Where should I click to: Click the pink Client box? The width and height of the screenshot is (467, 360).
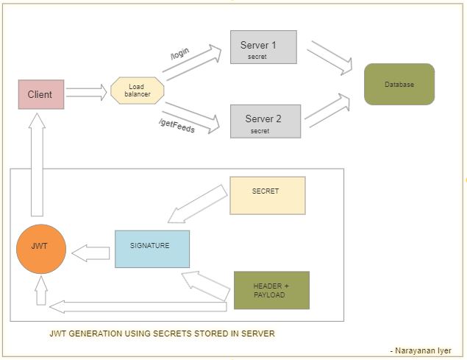(x=41, y=94)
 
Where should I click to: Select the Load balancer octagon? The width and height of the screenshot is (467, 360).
(x=137, y=91)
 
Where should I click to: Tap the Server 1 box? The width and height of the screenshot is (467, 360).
(x=263, y=47)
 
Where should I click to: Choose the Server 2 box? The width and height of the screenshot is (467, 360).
(x=265, y=121)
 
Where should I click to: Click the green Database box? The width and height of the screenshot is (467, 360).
(x=399, y=84)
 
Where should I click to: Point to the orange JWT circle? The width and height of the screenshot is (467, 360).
(x=41, y=249)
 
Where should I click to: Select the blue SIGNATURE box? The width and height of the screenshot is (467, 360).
(x=152, y=249)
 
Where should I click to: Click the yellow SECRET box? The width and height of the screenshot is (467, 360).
(x=268, y=195)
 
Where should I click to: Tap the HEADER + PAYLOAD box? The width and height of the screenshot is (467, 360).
(x=271, y=290)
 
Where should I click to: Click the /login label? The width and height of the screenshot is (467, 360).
(x=179, y=54)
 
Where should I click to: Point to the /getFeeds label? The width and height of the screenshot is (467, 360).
(x=177, y=126)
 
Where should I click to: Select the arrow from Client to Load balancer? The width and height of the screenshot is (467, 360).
(x=86, y=92)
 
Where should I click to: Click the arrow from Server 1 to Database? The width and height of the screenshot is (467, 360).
(x=330, y=57)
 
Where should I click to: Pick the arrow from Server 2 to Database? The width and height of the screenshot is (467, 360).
(x=327, y=111)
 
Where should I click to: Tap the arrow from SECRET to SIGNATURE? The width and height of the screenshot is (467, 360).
(x=197, y=205)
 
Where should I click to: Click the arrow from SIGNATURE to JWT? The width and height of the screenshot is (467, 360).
(x=90, y=253)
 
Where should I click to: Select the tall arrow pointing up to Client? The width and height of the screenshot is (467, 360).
(x=38, y=164)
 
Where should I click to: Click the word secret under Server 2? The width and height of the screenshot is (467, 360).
(x=260, y=131)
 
